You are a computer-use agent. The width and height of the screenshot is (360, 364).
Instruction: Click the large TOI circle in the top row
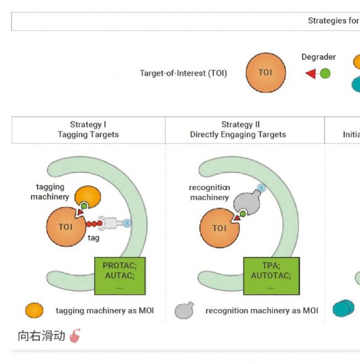click(x=265, y=73)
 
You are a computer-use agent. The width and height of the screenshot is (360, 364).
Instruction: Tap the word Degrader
click(x=318, y=57)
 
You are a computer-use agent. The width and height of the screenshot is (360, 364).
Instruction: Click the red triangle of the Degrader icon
click(x=311, y=74)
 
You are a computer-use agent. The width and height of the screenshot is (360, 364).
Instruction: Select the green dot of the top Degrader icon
click(x=325, y=73)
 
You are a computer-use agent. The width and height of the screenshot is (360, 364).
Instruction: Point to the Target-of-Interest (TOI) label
click(x=183, y=73)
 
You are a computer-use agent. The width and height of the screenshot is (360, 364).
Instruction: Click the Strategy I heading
click(x=88, y=125)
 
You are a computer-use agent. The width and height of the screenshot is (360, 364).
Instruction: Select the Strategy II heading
click(x=240, y=125)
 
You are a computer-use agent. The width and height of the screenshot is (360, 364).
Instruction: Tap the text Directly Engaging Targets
click(x=238, y=135)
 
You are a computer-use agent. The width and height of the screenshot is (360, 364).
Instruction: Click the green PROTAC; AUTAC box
click(x=119, y=275)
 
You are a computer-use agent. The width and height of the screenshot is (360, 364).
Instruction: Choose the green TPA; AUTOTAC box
click(x=271, y=275)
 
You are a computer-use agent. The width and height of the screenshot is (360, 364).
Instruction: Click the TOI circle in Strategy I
click(x=65, y=227)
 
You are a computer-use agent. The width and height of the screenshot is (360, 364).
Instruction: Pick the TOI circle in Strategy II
click(x=219, y=228)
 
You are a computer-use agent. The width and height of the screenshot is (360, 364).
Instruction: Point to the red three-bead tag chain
click(x=93, y=223)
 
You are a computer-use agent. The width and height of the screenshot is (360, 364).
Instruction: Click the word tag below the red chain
click(x=94, y=237)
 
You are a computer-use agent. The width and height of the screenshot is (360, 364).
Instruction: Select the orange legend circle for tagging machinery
click(x=34, y=310)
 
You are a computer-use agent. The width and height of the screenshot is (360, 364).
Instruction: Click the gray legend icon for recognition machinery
click(x=184, y=311)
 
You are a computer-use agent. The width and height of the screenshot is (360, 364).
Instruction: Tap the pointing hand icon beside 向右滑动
click(x=75, y=336)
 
